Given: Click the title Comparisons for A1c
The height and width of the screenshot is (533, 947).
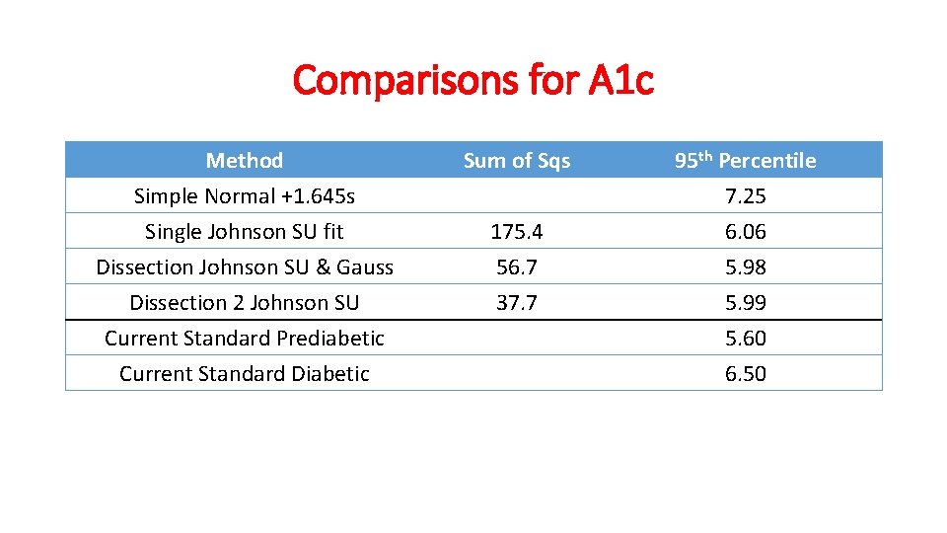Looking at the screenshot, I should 473,80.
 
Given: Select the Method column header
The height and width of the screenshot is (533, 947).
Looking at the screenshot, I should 244,160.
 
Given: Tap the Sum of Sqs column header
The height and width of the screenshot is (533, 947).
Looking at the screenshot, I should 517,160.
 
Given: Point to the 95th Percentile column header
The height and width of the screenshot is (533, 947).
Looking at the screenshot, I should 745,160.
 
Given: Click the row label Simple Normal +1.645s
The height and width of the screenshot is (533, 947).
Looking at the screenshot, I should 244,195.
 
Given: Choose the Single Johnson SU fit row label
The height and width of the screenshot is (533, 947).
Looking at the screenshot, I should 244,231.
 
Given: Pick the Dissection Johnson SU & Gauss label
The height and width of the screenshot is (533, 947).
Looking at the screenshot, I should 244,266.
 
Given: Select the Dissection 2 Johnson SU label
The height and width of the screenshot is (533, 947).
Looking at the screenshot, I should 244,302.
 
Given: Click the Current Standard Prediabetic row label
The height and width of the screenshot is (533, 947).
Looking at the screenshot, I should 244,338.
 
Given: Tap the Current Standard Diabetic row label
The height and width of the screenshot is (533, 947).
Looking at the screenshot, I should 244,373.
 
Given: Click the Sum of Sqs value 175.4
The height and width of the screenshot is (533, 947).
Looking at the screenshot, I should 517,231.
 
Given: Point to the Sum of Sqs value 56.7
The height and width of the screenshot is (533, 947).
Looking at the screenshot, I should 517,266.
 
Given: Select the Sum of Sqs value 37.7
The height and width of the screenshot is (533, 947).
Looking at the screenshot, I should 517,302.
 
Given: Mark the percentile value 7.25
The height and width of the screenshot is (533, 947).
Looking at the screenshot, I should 745,195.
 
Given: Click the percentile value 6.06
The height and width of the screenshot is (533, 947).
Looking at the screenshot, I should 745,231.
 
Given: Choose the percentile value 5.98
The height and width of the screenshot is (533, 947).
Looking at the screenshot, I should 745,266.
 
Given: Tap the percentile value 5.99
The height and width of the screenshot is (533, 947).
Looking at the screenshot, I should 745,302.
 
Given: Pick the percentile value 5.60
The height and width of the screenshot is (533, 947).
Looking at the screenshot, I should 745,338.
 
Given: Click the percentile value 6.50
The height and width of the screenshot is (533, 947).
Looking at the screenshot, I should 745,373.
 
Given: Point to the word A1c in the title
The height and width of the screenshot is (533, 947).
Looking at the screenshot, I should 619,80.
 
